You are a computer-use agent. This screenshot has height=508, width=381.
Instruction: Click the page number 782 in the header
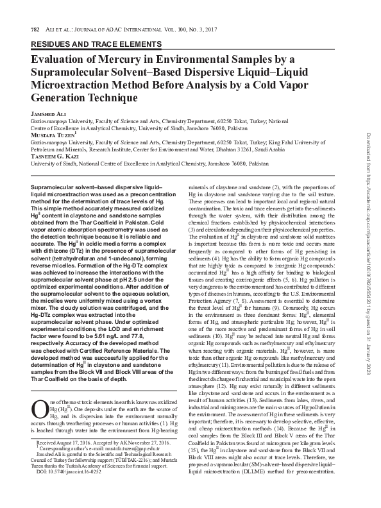click(x=27, y=31)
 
